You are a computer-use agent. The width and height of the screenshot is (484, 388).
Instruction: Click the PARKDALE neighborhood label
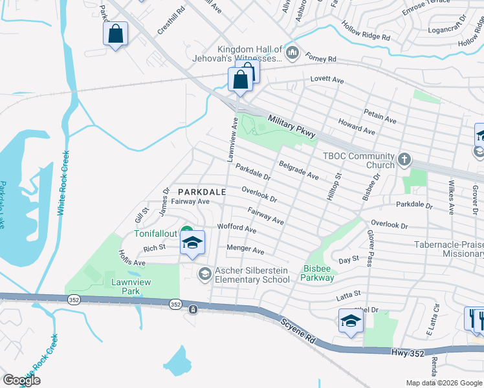pyautogui.click(x=202, y=192)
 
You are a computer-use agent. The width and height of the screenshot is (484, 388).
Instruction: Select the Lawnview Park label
pyautogui.click(x=126, y=287)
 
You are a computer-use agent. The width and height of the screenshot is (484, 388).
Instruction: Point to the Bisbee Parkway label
pyautogui.click(x=318, y=273)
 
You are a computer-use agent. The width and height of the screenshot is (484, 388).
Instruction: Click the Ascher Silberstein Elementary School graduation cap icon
pyautogui.click(x=205, y=275)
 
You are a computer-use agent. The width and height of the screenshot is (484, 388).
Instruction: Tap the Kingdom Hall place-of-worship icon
pyautogui.click(x=292, y=52)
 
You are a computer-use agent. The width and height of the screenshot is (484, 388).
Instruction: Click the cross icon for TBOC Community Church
pyautogui.click(x=404, y=159)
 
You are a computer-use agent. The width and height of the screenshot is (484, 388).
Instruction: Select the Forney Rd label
pyautogui.click(x=322, y=59)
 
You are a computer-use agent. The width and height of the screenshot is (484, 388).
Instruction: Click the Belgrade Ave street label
pyautogui.click(x=298, y=171)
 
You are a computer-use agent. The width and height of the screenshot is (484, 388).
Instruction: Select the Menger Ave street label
pyautogui.click(x=245, y=250)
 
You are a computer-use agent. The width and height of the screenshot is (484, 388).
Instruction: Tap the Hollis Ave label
pyautogui.click(x=131, y=259)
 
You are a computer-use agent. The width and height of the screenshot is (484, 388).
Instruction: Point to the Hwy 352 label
pyautogui.click(x=408, y=352)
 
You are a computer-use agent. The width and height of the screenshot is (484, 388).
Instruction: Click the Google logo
pyautogui.click(x=21, y=380)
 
